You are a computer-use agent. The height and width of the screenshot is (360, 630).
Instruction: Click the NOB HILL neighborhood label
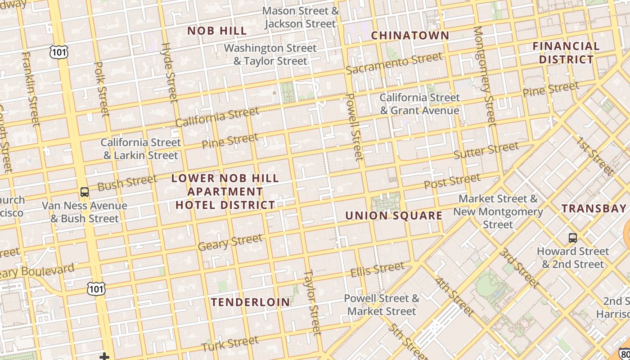[x=217, y=31]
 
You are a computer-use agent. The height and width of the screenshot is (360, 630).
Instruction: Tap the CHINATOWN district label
[x=410, y=36]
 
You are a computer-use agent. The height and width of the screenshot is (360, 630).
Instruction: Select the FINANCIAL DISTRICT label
[x=566, y=53]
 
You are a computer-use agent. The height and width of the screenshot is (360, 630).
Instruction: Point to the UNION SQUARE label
[x=394, y=216]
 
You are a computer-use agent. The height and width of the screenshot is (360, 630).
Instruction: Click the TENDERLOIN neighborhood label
[x=251, y=302]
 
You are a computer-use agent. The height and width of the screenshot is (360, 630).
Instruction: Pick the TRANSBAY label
[x=594, y=208]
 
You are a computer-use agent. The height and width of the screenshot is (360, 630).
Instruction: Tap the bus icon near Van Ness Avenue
[x=85, y=192]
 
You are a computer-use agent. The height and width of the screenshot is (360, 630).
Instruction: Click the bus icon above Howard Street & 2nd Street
[x=572, y=238]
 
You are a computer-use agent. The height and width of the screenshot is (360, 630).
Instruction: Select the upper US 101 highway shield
[x=59, y=52]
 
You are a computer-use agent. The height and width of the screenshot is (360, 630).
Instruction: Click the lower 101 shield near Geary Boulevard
[x=96, y=288]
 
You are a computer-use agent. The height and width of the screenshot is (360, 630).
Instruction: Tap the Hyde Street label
[x=170, y=72]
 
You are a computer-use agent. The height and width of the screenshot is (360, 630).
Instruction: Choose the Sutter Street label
[x=486, y=150]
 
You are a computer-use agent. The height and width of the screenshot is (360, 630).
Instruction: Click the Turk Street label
[x=229, y=344]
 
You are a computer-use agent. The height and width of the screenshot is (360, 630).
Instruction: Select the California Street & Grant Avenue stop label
[x=419, y=104]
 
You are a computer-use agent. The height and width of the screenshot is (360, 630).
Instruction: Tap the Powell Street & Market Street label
[x=382, y=305]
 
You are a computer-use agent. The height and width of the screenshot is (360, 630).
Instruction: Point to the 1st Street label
[x=595, y=155]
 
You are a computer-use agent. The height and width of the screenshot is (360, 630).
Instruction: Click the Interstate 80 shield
[x=625, y=354]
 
